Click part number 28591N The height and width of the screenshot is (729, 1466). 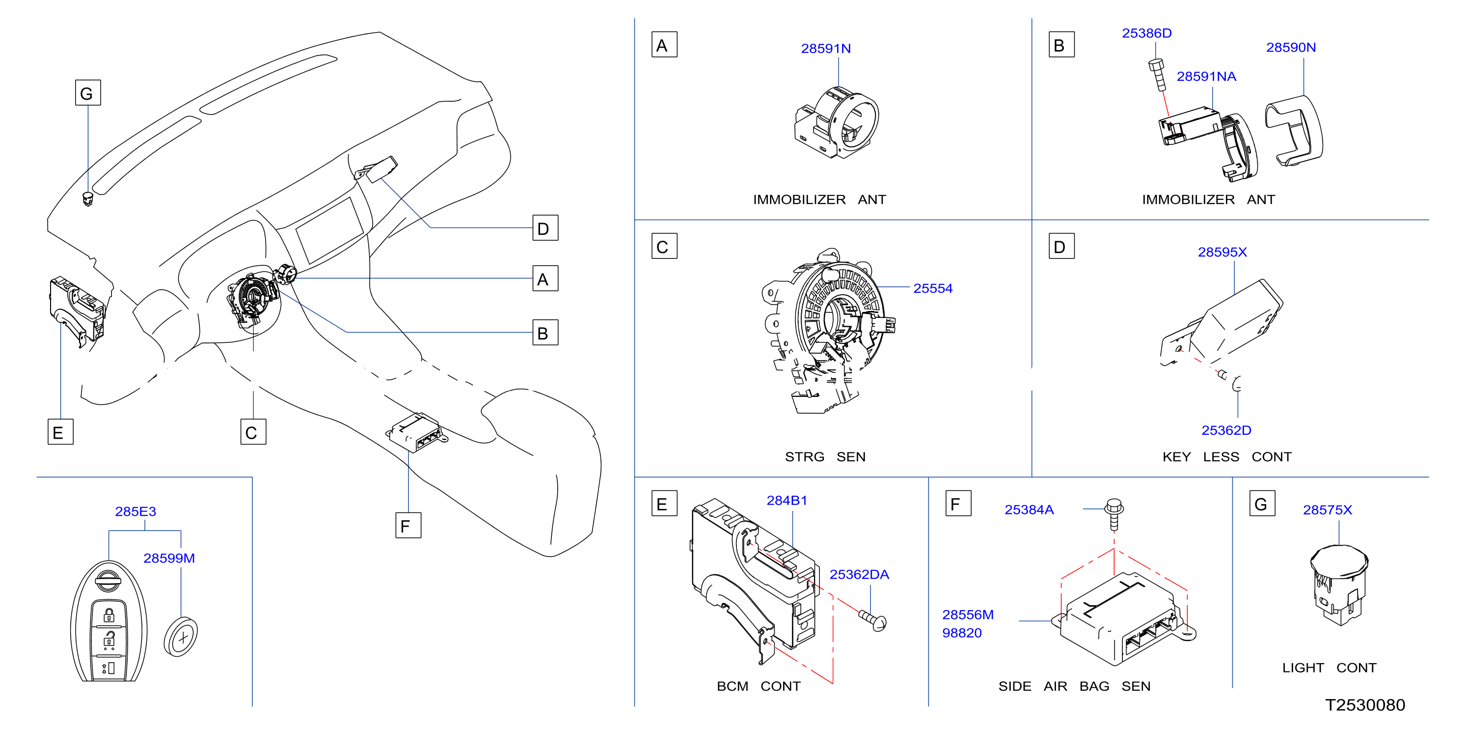click(x=826, y=49)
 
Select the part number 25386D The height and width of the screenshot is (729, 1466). click(x=1146, y=33)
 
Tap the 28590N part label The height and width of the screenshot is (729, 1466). click(x=1291, y=47)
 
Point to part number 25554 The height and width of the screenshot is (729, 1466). click(x=933, y=288)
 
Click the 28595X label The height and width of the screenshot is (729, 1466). click(x=1222, y=252)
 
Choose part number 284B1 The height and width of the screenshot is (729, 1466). click(x=787, y=500)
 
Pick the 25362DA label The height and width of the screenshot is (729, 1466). click(x=859, y=574)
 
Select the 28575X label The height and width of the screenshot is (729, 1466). click(x=1327, y=510)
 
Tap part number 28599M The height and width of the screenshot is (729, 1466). click(x=169, y=558)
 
